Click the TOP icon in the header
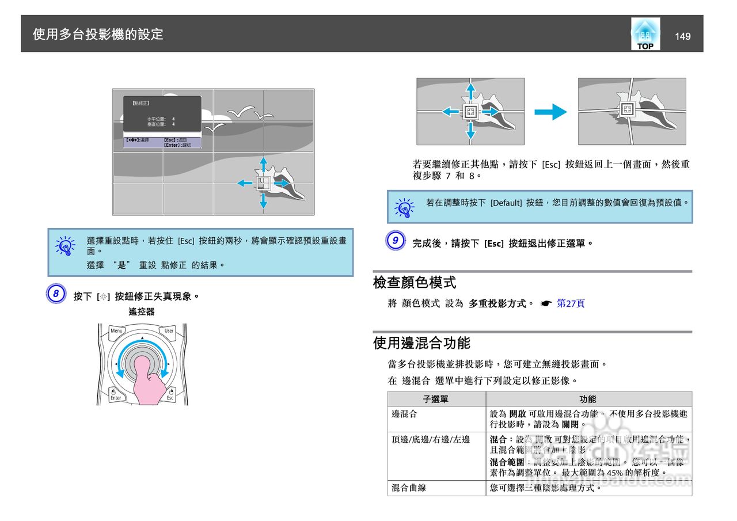(645, 34)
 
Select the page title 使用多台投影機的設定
(98, 35)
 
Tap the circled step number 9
(395, 241)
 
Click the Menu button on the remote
(117, 331)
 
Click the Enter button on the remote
(116, 396)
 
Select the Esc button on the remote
(170, 396)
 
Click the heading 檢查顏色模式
(415, 283)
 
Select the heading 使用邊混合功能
(421, 344)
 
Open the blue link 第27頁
(570, 303)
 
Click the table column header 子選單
(436, 399)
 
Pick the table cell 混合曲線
(409, 488)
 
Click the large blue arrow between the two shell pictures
(551, 112)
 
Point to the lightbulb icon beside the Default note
(404, 207)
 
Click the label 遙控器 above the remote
(141, 311)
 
